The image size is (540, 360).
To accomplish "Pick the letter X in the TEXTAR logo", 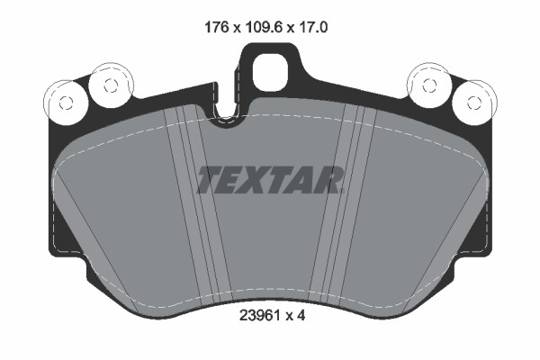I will (259, 180).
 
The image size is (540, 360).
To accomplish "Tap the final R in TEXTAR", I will (329, 180).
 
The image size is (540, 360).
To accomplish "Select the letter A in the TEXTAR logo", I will (306, 180).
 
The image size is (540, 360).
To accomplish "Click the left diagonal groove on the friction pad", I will (192, 207).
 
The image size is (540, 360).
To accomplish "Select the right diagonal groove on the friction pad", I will (346, 207).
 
